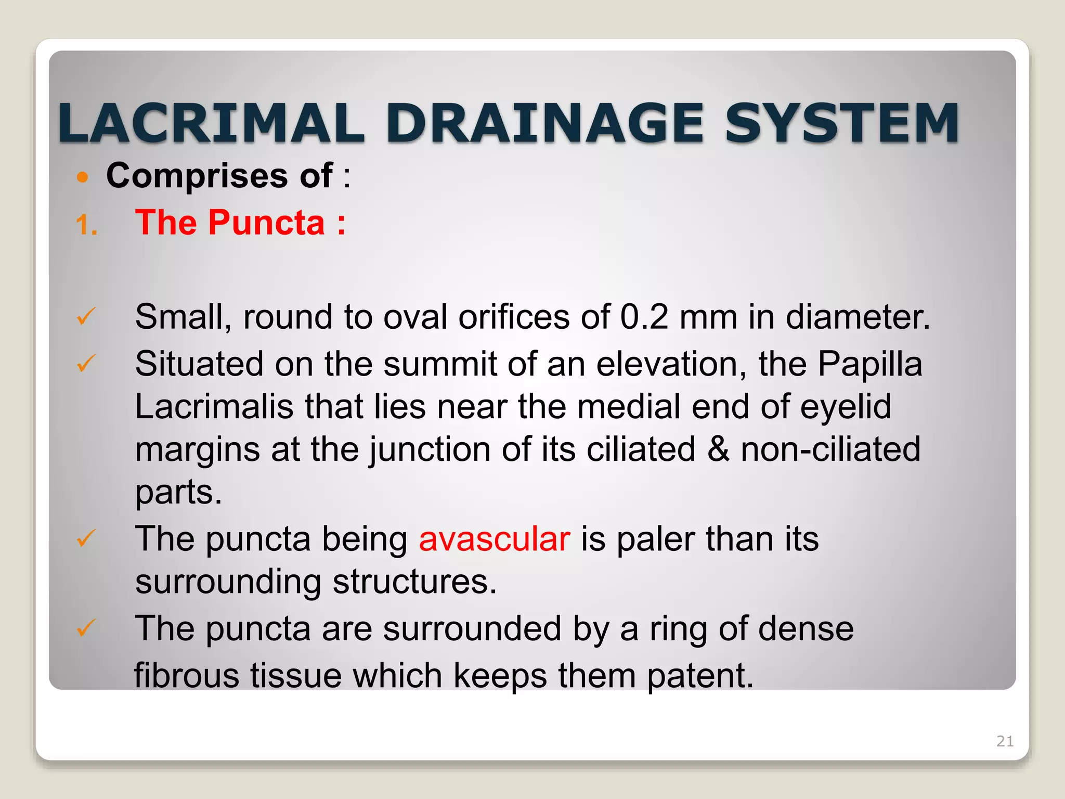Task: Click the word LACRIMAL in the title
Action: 211,123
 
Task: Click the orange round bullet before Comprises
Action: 82,177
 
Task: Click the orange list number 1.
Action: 86,226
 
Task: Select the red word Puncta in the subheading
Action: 266,223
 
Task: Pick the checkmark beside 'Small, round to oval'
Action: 86,316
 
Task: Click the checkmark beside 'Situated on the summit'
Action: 86,363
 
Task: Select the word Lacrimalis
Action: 214,406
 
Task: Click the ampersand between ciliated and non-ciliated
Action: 718,449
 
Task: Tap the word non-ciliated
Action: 830,449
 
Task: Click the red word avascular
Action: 495,539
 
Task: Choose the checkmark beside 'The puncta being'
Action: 86,538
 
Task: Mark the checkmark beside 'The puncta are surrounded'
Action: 86,628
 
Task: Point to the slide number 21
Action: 1005,741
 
